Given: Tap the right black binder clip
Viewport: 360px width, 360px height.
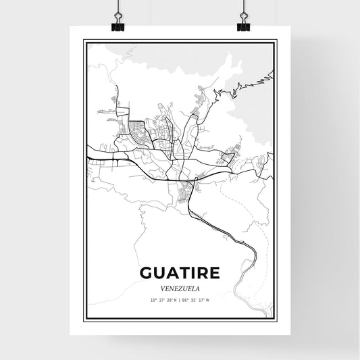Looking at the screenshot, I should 243,25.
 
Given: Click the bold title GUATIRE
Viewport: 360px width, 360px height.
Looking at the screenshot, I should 180,272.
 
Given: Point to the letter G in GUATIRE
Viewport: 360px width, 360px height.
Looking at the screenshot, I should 147,272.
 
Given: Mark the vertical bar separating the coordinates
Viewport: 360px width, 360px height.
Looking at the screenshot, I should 180,299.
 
